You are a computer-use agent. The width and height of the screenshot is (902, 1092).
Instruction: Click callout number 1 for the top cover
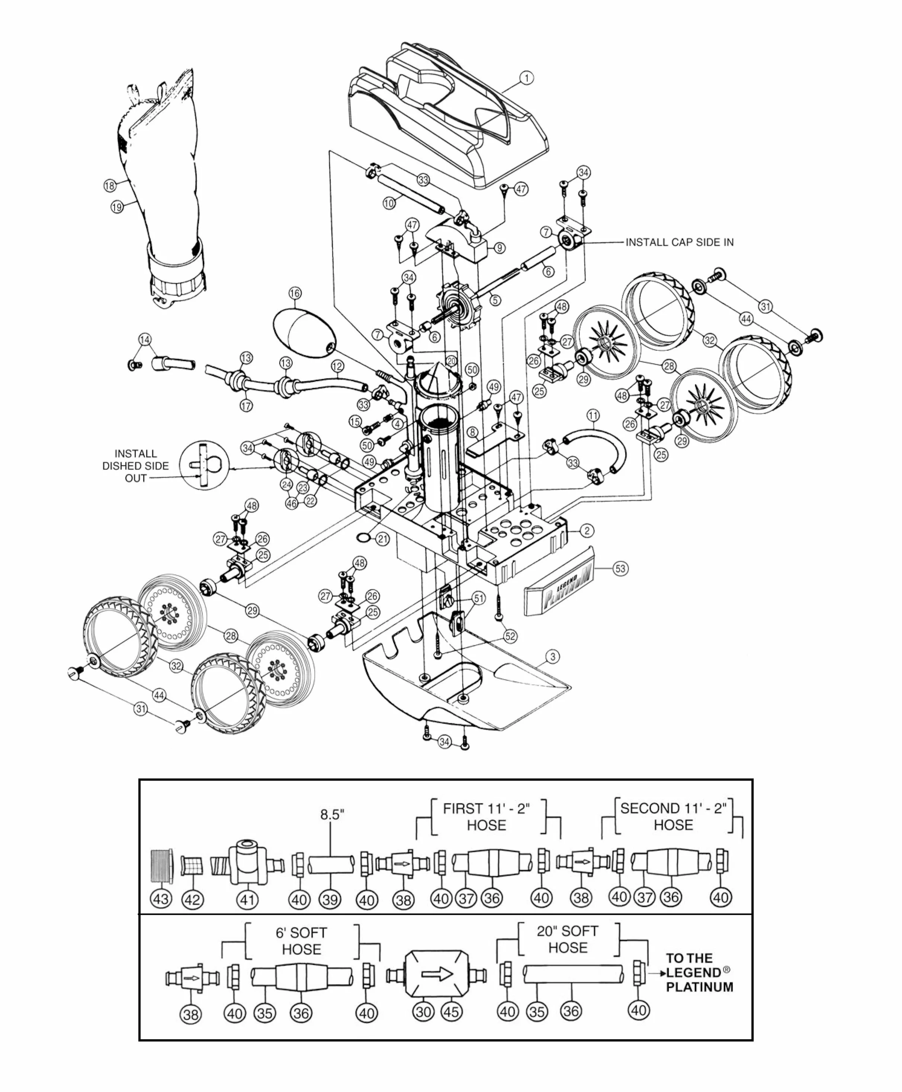[x=526, y=78]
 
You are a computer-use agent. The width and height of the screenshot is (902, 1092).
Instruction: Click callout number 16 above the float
[x=295, y=293]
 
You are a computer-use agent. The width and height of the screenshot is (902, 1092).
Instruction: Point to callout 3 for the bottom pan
[x=553, y=656]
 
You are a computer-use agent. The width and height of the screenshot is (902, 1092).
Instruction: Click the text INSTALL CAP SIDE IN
[x=680, y=242]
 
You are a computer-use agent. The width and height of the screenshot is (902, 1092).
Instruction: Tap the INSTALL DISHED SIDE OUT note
[x=136, y=466]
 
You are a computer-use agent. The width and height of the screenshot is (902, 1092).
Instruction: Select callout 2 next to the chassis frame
[x=587, y=531]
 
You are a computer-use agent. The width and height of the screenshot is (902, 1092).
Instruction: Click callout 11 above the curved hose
[x=593, y=416]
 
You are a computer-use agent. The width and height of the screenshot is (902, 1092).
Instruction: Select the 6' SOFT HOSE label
[x=301, y=941]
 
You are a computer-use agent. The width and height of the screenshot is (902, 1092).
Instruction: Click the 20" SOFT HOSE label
[x=568, y=939]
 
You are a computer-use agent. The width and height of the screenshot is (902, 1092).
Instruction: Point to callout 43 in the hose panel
[x=161, y=898]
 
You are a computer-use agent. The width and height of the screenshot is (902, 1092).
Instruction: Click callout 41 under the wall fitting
[x=247, y=899]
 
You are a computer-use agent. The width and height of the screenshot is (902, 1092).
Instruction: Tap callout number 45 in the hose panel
[x=451, y=1011]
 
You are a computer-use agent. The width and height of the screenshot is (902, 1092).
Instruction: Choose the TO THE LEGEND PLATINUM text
[x=699, y=973]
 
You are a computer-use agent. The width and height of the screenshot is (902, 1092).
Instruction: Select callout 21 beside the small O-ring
[x=382, y=539]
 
